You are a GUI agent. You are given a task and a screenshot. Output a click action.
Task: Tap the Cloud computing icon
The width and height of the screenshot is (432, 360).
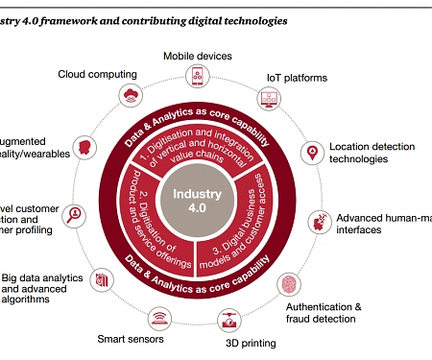[x=129, y=94]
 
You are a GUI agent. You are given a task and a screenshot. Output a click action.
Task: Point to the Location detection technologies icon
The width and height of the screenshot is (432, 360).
[x=311, y=152]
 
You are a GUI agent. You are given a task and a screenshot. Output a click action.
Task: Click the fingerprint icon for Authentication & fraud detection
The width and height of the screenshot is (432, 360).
[x=289, y=284]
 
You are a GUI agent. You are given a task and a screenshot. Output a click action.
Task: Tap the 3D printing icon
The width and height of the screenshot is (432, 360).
[x=228, y=320]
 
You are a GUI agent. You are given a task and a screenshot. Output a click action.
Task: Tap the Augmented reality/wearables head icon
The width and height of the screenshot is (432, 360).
[x=84, y=146]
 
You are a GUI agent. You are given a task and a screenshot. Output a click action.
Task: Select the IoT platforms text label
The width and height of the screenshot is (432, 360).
[x=297, y=78]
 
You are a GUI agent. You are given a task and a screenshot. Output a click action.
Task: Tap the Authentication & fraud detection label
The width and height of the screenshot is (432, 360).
[x=324, y=313]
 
